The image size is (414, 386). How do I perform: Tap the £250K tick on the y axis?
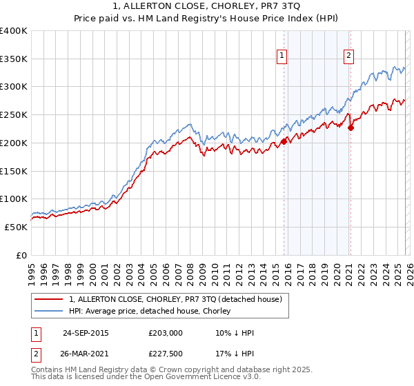(x=14, y=115)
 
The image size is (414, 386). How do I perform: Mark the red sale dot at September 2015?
(x=284, y=141)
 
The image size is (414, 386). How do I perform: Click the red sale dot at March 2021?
(x=351, y=128)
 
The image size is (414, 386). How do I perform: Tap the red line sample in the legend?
(x=49, y=300)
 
